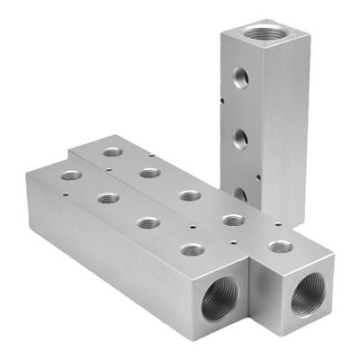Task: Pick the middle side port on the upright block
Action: click(x=240, y=139)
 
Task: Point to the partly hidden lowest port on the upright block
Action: click(x=240, y=193)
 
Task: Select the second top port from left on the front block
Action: click(x=108, y=197)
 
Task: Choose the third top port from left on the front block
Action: click(x=148, y=222)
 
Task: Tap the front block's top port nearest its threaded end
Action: click(x=191, y=249)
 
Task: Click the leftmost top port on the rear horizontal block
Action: click(x=112, y=152)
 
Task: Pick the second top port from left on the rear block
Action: click(x=150, y=172)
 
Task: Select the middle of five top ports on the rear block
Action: click(x=189, y=195)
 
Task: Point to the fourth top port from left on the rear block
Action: click(x=233, y=220)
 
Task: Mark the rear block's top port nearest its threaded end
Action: click(x=280, y=246)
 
